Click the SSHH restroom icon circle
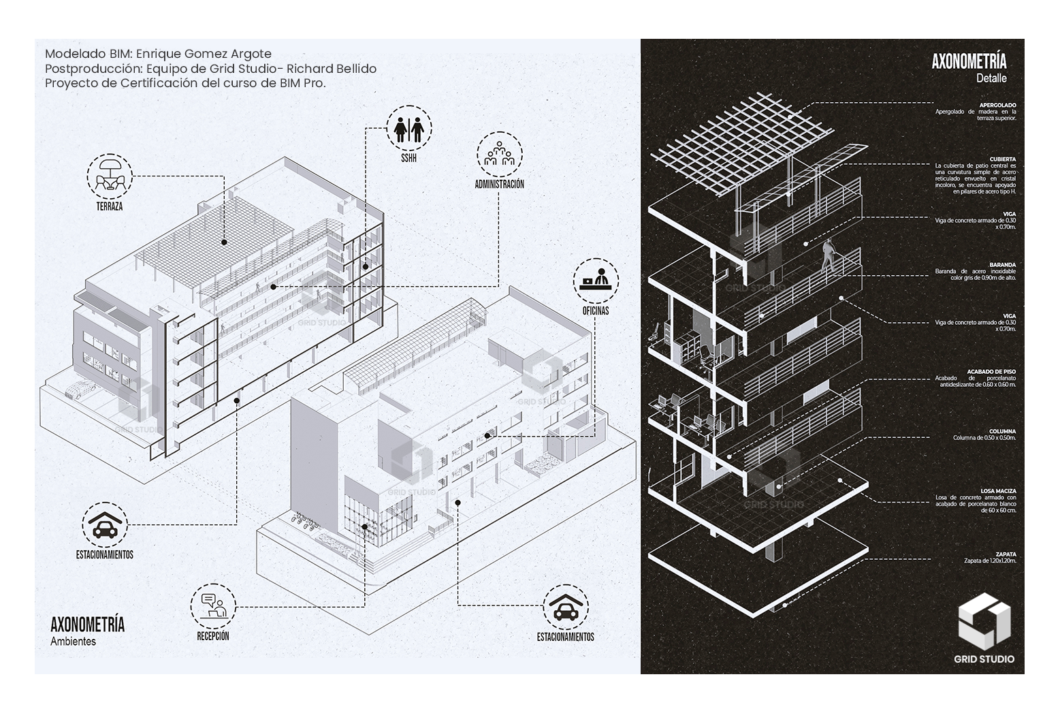[408, 127]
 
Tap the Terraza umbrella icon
[109, 174]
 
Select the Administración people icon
[499, 155]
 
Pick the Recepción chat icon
[213, 606]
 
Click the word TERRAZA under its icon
[109, 206]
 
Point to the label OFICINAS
[596, 311]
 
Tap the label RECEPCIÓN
[213, 636]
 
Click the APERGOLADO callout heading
[997, 105]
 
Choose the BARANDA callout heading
[1003, 264]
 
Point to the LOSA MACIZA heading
[998, 490]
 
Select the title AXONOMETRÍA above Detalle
[969, 62]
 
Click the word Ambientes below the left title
[73, 641]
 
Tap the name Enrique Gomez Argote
[204, 54]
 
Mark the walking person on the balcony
[829, 256]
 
